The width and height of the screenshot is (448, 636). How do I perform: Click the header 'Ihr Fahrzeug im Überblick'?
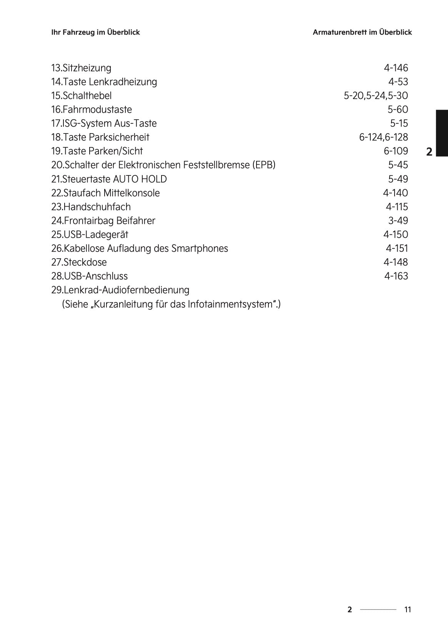[x=95, y=32]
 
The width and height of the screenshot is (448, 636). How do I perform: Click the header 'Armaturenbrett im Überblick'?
[x=362, y=32]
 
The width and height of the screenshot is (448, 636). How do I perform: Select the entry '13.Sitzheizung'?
[x=81, y=68]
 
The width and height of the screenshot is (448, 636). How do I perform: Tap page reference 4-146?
[x=396, y=68]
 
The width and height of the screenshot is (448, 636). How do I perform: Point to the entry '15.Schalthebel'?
[x=81, y=96]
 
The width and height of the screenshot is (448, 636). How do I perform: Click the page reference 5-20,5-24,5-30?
[x=376, y=96]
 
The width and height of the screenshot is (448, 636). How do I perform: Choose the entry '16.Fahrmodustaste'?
[x=92, y=110]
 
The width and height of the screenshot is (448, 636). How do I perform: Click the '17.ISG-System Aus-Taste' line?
[x=104, y=124]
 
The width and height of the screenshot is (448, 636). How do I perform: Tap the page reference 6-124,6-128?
[x=383, y=137]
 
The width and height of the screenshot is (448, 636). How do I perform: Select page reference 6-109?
[x=396, y=151]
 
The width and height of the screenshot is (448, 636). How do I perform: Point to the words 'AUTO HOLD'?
[x=140, y=179]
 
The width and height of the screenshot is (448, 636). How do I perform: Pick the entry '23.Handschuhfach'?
[x=91, y=207]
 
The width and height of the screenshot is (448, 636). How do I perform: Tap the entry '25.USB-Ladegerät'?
[x=90, y=235]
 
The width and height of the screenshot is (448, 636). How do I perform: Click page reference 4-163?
[x=396, y=276]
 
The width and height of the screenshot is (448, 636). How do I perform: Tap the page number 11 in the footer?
[x=408, y=609]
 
